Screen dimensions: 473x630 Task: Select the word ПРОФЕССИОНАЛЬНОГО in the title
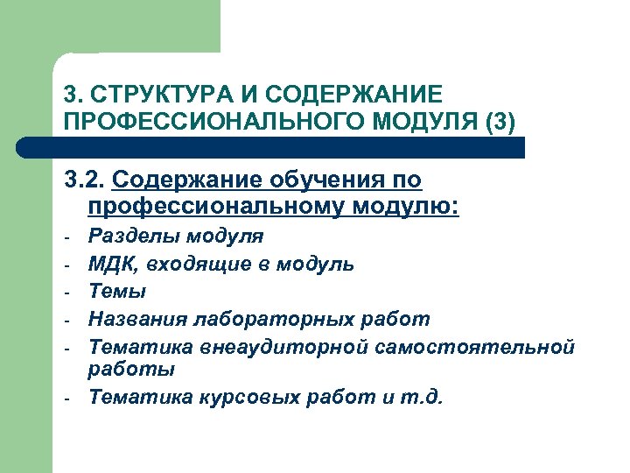[x=200, y=120]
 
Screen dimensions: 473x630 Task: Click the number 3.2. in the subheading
[x=83, y=180]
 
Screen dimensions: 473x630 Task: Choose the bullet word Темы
[x=117, y=291]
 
